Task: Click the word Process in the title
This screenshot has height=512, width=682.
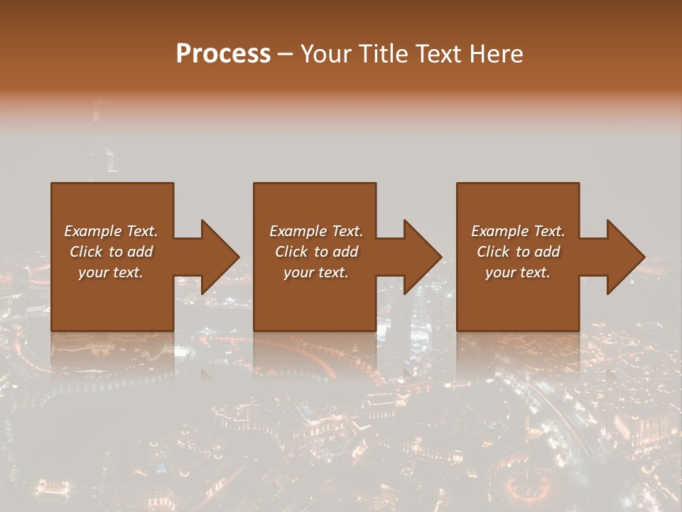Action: [x=223, y=54]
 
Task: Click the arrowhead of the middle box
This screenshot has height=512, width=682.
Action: [x=422, y=257]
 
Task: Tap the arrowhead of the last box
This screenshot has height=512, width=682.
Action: [x=625, y=257]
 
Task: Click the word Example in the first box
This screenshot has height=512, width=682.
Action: [x=93, y=231]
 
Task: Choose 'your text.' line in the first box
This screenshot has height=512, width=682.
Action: [x=111, y=272]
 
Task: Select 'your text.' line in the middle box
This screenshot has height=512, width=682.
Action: [x=315, y=272]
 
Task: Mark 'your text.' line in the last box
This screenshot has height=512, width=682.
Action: [x=518, y=272]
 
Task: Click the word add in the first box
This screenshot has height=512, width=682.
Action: [x=140, y=252]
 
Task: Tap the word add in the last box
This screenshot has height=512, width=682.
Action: [x=547, y=252]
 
